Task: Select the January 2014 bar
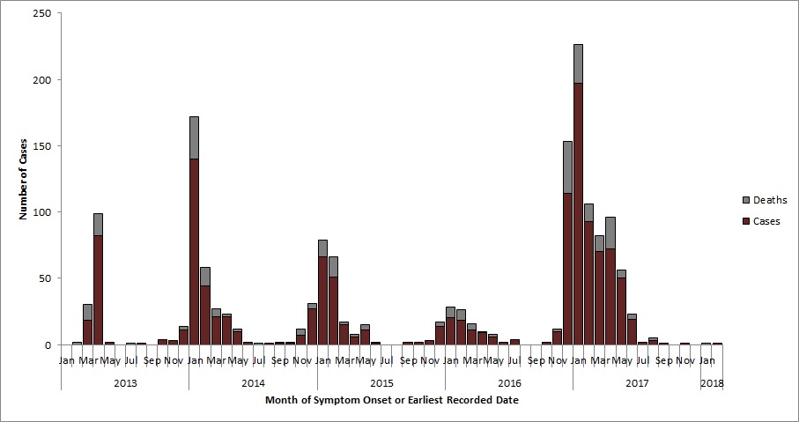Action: click(x=194, y=233)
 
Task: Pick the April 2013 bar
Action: click(x=99, y=282)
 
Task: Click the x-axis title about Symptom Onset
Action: click(x=391, y=401)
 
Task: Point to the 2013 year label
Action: click(x=125, y=383)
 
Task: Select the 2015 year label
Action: click(x=381, y=383)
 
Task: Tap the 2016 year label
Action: click(x=509, y=383)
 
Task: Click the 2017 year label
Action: click(x=637, y=383)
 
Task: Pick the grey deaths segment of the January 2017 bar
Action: click(x=578, y=63)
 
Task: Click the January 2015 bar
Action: click(x=322, y=295)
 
